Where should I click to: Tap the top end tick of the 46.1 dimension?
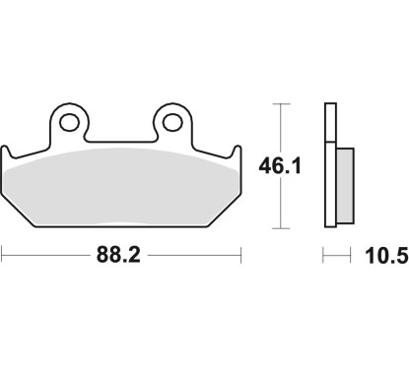pos(284,102)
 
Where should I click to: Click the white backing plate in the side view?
pos(329,162)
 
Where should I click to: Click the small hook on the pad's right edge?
pos(237,153)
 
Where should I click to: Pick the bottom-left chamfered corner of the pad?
pos(20,212)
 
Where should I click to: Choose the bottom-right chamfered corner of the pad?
pos(225,212)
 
